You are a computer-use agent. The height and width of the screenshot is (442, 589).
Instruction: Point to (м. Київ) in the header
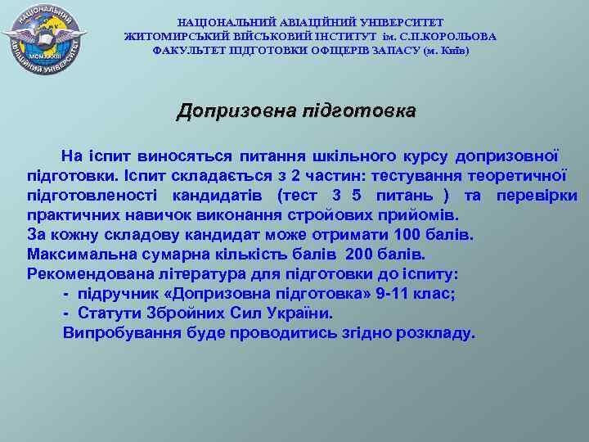(x=446, y=51)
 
